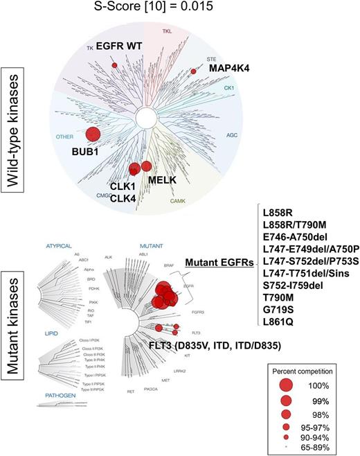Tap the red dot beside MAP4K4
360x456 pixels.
[x=194, y=71]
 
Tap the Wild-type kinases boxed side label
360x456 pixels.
[x=12, y=111]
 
